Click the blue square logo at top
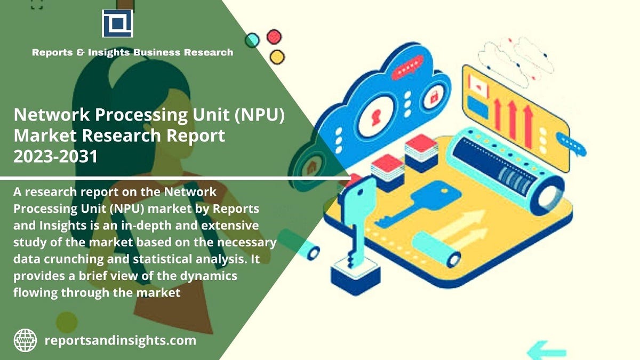(x=117, y=23)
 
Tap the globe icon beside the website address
(x=25, y=340)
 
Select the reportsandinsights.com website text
(x=120, y=340)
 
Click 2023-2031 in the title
(x=55, y=156)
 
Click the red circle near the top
(x=274, y=36)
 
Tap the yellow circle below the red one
(x=277, y=56)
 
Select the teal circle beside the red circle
(x=252, y=40)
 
